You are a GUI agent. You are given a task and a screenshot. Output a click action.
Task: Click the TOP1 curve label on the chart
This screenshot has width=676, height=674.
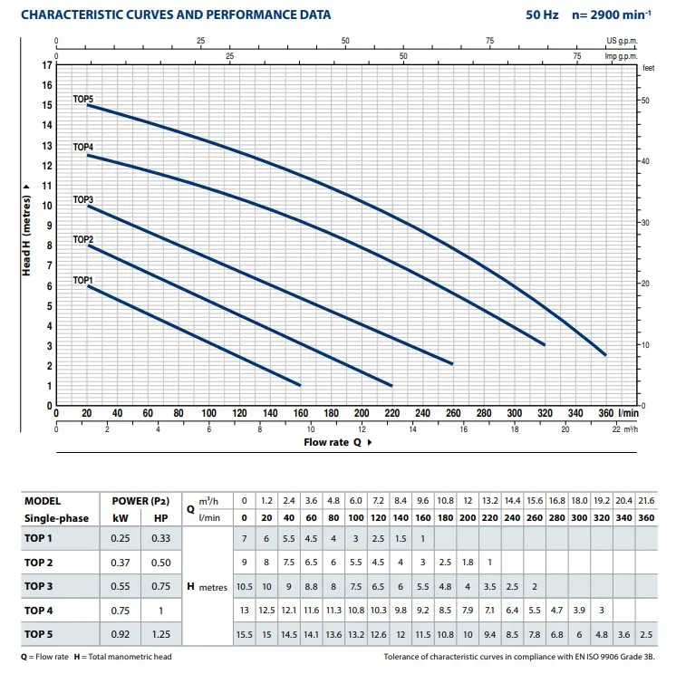click(83, 281)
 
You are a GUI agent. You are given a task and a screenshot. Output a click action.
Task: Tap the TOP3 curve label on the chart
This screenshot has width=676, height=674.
click(83, 199)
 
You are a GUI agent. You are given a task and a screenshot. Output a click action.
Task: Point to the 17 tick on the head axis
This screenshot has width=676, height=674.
click(47, 65)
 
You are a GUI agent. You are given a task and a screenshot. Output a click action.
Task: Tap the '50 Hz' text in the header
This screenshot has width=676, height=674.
click(543, 14)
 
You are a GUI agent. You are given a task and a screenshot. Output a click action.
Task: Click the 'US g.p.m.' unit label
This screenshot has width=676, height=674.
click(623, 41)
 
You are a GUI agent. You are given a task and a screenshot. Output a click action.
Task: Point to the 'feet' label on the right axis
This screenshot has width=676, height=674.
click(648, 68)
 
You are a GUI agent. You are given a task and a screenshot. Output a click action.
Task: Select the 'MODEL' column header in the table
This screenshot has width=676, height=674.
click(43, 500)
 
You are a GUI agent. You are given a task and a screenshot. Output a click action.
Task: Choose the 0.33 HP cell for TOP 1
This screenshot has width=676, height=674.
click(161, 539)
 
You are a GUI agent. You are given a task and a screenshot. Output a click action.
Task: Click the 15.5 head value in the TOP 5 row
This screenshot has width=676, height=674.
click(245, 633)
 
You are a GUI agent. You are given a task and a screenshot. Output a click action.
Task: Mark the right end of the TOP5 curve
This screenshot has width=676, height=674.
click(605, 355)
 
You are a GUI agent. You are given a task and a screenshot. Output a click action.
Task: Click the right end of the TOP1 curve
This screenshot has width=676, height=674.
click(300, 385)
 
